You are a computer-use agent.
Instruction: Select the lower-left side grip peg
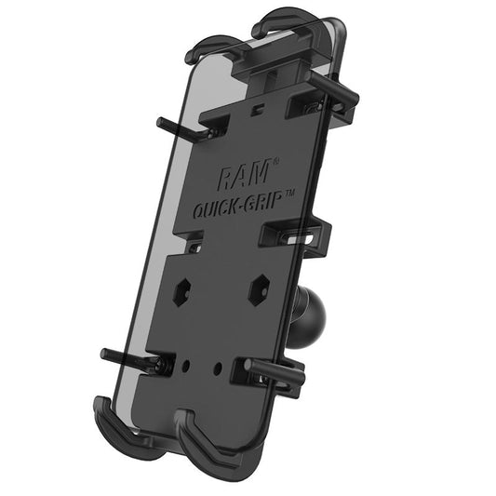pyautogui.click(x=127, y=355)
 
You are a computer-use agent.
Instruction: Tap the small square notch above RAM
pyautogui.click(x=252, y=140)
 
